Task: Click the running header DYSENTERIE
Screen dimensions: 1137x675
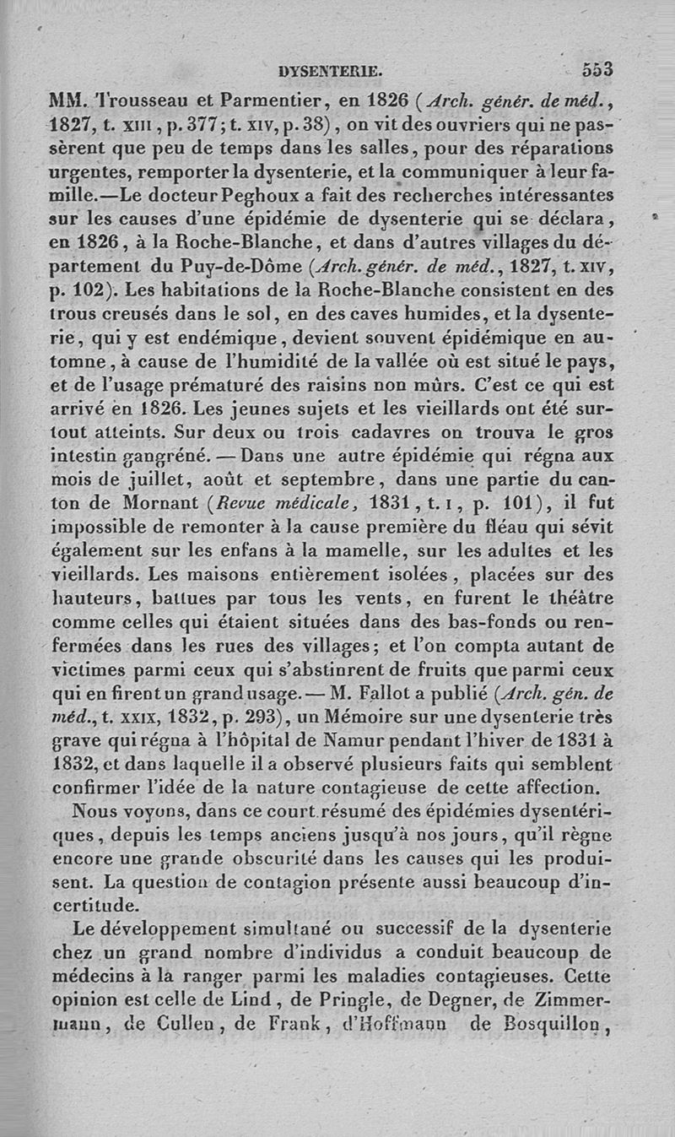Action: [x=336, y=71]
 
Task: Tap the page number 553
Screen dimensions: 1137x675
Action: [x=596, y=69]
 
